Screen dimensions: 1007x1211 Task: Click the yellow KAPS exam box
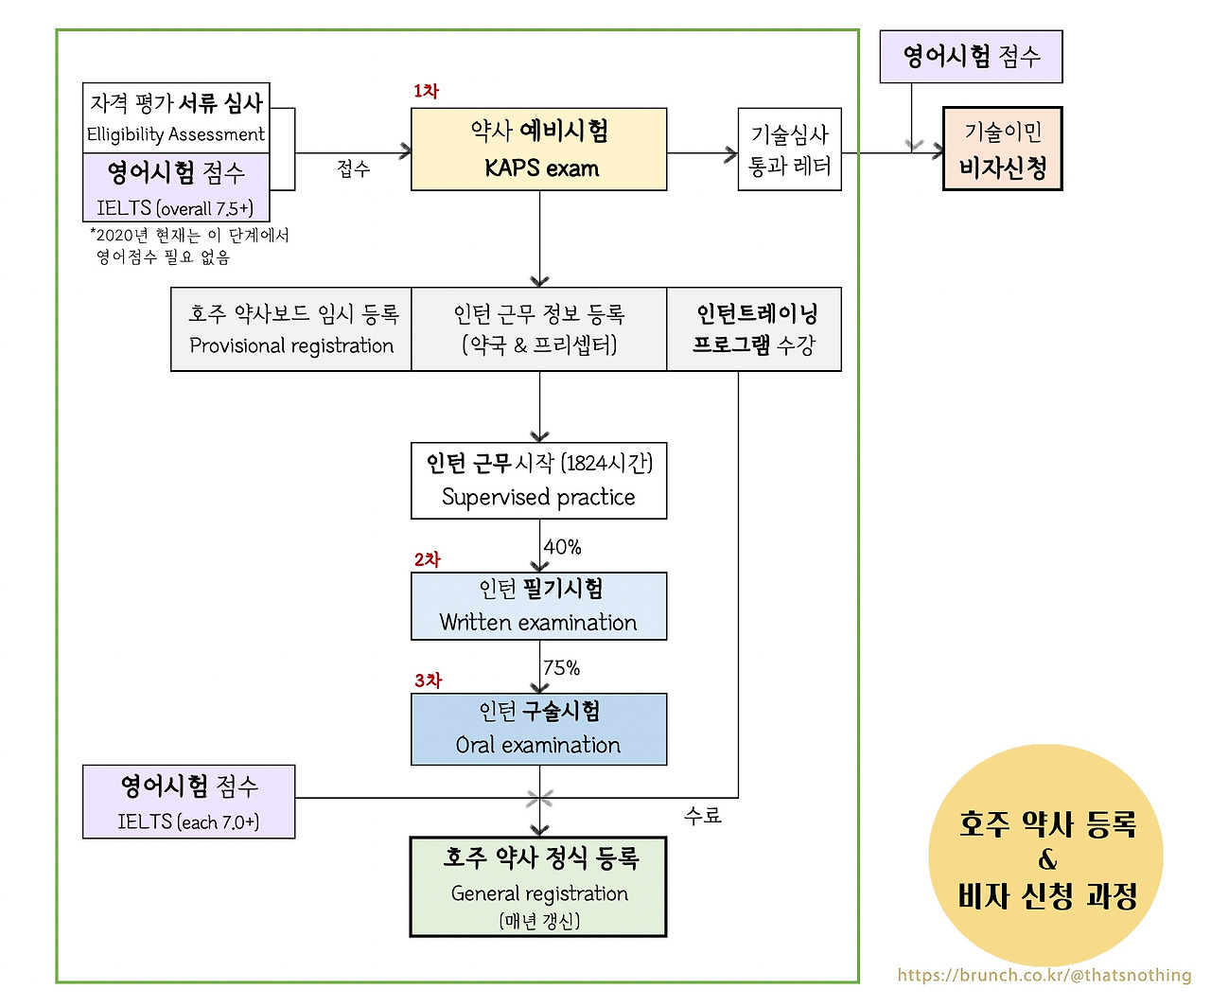tap(538, 150)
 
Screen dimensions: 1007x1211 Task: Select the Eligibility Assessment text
tap(176, 134)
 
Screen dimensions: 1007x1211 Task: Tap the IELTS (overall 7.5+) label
tap(175, 207)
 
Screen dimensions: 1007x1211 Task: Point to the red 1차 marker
tap(426, 91)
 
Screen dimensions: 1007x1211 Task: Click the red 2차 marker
tap(427, 559)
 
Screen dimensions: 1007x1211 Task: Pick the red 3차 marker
tap(428, 680)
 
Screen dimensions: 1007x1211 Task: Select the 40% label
tap(562, 547)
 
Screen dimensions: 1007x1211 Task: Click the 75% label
tap(561, 668)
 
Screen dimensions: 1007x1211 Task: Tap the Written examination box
tap(538, 606)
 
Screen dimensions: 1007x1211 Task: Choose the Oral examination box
tap(538, 729)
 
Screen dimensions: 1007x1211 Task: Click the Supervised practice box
tap(538, 481)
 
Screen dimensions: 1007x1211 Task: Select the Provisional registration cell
tap(291, 329)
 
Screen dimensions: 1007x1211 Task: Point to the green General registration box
tap(538, 887)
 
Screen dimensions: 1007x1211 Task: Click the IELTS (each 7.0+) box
tap(188, 802)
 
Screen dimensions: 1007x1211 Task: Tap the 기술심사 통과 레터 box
tap(789, 150)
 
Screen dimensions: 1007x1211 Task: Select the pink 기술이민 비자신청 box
tap(1002, 150)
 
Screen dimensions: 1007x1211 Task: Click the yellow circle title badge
tap(1045, 857)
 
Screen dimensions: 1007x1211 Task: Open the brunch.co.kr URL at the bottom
tap(1044, 975)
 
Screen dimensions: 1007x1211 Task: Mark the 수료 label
tap(702, 815)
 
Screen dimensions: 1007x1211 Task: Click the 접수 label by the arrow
tap(353, 168)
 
